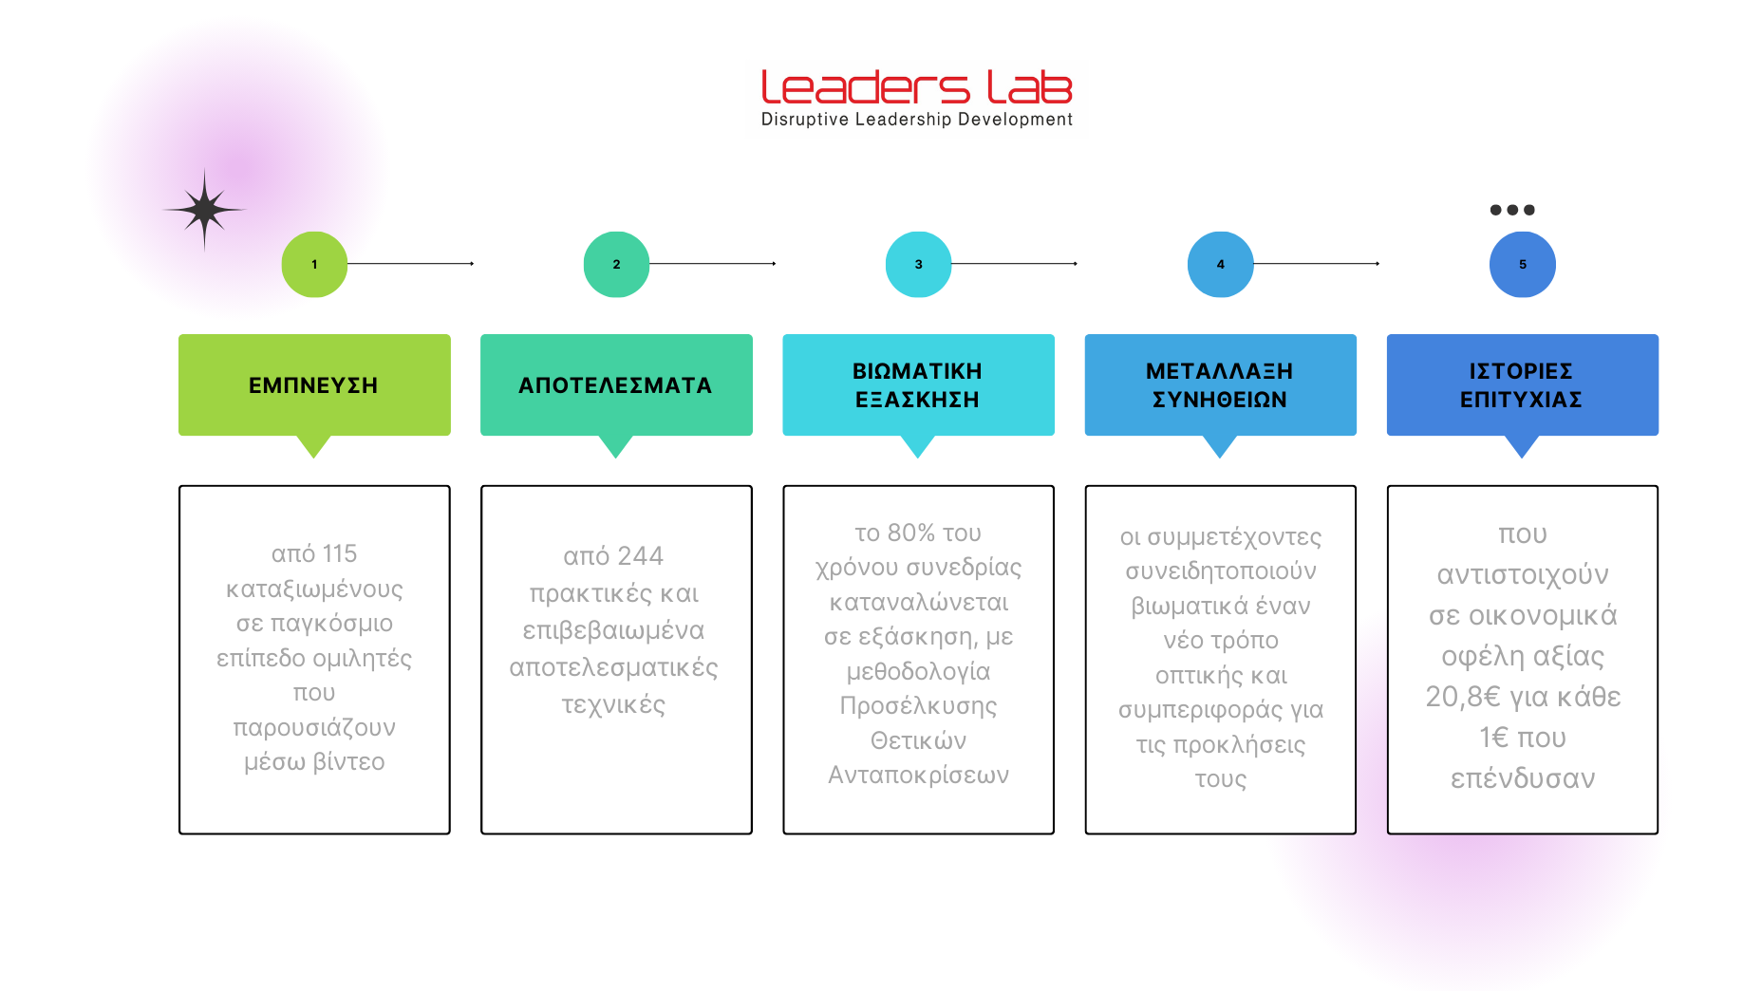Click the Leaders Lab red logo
pyautogui.click(x=916, y=87)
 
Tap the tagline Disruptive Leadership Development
pyautogui.click(x=916, y=120)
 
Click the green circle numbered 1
pyautogui.click(x=314, y=265)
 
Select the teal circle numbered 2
pyautogui.click(x=616, y=265)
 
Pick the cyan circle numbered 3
pyautogui.click(x=918, y=265)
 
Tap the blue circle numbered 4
pyautogui.click(x=1220, y=265)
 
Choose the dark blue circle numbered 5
pyautogui.click(x=1522, y=265)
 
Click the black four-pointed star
pyautogui.click(x=204, y=210)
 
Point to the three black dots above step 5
pyautogui.click(x=1512, y=210)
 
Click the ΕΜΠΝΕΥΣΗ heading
pyautogui.click(x=313, y=385)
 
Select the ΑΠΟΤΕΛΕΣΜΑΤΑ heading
pyautogui.click(x=615, y=385)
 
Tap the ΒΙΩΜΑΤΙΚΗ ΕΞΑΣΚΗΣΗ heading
pyautogui.click(x=917, y=385)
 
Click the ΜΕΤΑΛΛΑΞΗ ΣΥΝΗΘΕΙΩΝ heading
pyautogui.click(x=1219, y=385)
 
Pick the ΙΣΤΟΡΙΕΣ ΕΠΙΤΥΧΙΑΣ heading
pyautogui.click(x=1521, y=385)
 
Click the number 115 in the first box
pyautogui.click(x=339, y=553)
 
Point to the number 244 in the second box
pyautogui.click(x=640, y=556)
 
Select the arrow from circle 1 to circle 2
pyautogui.click(x=410, y=264)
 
